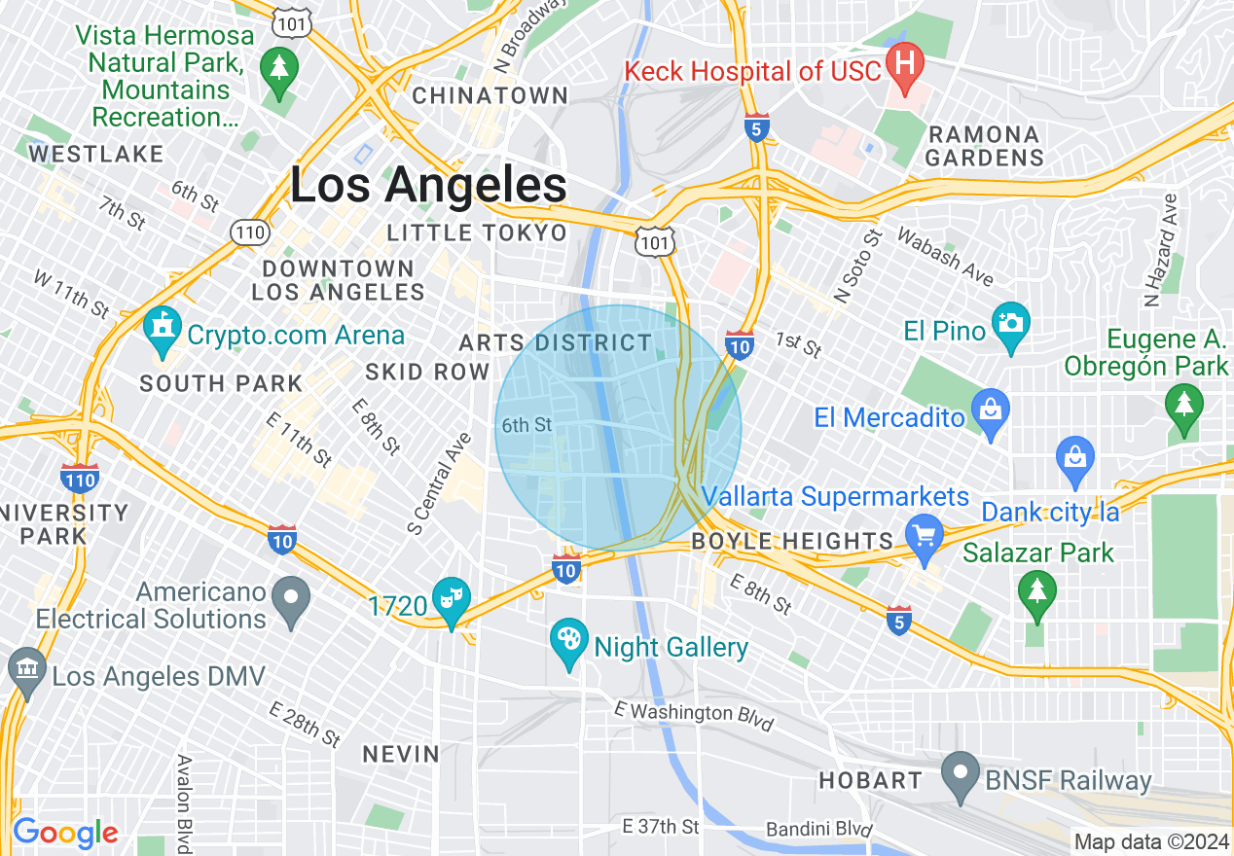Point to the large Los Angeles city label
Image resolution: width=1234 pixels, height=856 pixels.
(428, 185)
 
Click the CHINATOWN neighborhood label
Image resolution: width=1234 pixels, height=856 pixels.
(490, 95)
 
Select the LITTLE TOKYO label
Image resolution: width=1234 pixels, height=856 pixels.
(477, 232)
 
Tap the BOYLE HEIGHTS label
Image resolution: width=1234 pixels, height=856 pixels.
(792, 541)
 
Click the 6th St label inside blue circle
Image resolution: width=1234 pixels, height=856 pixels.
(526, 425)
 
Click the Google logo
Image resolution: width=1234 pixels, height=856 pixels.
(65, 833)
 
